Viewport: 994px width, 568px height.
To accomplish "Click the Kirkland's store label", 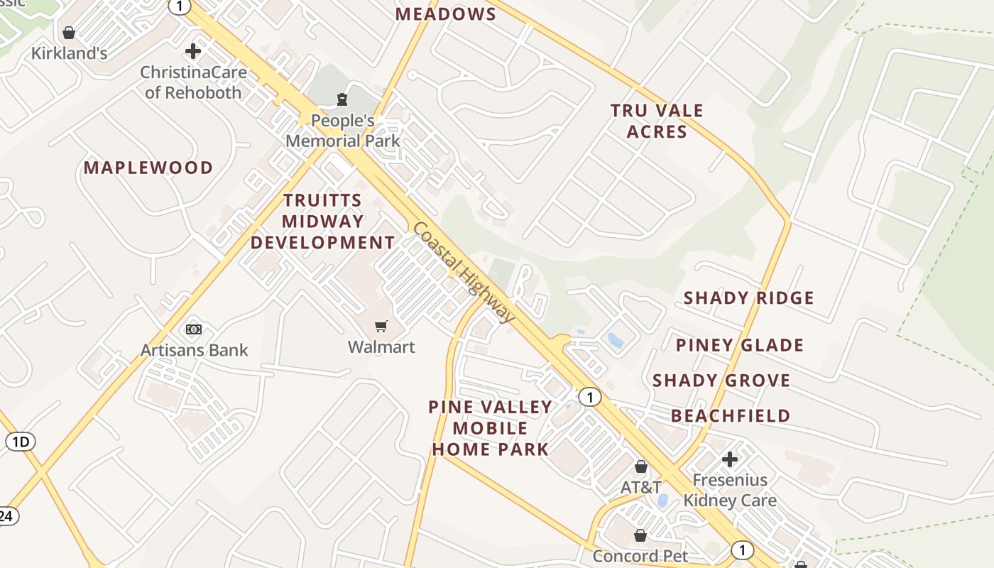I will (69, 53).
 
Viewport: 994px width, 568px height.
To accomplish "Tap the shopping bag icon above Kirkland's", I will (69, 33).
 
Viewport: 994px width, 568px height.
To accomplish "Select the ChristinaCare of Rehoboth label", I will (193, 82).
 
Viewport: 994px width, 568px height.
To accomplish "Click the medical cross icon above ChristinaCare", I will (192, 51).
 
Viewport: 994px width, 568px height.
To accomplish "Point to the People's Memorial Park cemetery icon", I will (343, 99).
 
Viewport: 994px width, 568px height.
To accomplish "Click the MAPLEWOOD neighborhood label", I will (148, 168).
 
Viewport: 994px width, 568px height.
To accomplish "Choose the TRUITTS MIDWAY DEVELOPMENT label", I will (322, 222).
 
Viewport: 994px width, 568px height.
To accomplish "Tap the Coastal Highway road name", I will (463, 272).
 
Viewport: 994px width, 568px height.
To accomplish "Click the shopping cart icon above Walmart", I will (381, 326).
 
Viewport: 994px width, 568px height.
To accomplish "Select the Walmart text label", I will (381, 347).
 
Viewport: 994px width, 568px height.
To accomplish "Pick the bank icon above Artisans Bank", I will (194, 329).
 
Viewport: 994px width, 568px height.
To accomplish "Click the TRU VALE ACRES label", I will (657, 121).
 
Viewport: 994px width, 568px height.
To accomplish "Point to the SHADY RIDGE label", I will (748, 297).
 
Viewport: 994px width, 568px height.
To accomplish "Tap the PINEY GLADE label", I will (739, 345).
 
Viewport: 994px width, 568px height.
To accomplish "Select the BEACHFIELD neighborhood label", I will (731, 415).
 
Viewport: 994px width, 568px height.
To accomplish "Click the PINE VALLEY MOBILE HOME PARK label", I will (491, 428).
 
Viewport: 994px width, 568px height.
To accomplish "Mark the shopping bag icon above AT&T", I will (641, 466).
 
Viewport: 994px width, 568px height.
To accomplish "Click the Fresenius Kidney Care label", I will (730, 490).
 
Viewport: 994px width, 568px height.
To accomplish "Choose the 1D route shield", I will (21, 442).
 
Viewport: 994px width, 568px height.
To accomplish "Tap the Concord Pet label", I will (640, 556).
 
